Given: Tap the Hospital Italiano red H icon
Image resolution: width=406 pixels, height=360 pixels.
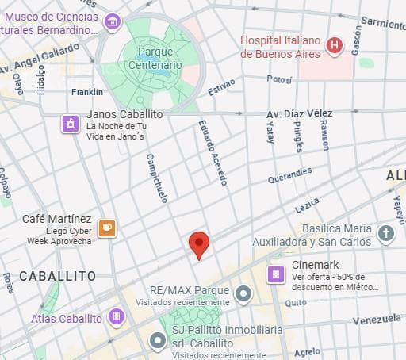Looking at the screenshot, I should click(335, 47).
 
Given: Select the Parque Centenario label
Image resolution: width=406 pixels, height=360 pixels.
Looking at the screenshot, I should click(159, 57).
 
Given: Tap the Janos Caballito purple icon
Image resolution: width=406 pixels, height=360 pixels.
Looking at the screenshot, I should click(71, 123).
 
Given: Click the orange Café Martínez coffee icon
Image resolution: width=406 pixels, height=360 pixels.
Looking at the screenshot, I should click(107, 228).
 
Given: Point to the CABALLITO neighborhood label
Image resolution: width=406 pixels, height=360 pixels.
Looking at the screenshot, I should click(57, 276).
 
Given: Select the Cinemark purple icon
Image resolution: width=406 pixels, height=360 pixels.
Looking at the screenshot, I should click(277, 274).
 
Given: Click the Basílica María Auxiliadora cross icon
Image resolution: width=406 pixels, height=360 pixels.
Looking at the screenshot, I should click(385, 234).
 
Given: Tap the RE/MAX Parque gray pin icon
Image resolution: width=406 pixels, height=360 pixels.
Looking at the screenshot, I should click(243, 295).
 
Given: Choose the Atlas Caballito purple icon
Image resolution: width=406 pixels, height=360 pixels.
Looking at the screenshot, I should click(117, 318).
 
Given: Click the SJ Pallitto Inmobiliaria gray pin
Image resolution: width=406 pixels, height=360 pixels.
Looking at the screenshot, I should click(157, 341).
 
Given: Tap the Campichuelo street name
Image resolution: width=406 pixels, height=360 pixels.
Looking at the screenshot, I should click(157, 178).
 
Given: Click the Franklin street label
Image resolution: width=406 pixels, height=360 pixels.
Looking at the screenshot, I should click(87, 92).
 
